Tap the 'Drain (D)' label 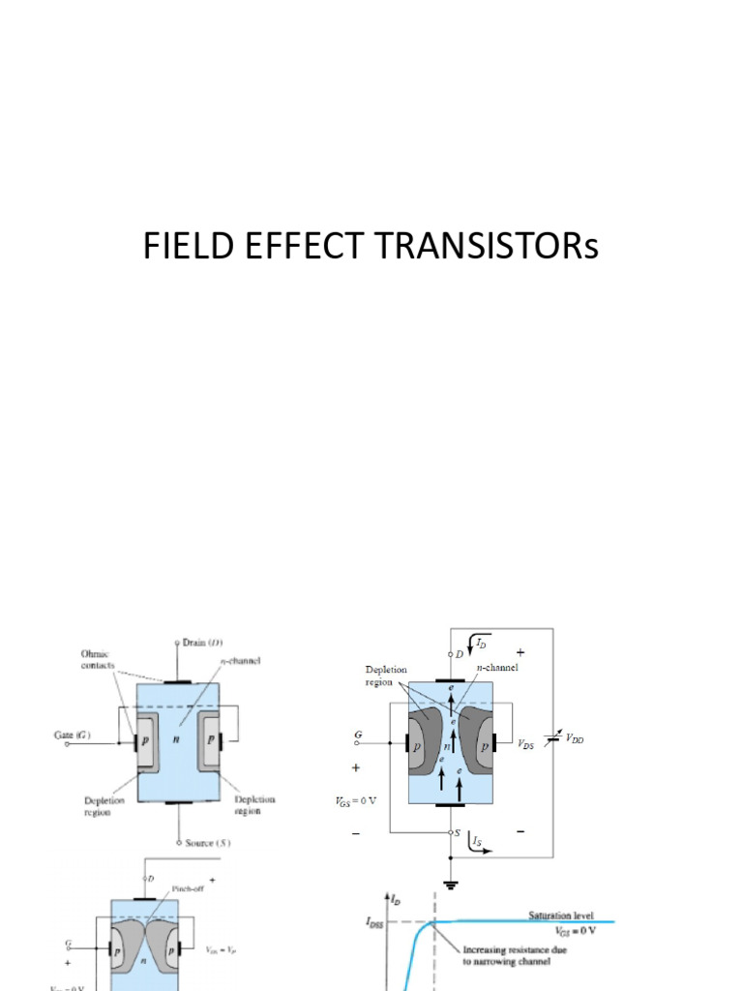[x=206, y=643]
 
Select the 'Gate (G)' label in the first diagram [x=74, y=736]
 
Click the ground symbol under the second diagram [x=452, y=884]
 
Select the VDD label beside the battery [x=575, y=739]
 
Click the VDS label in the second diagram [x=527, y=744]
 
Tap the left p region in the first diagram [x=147, y=742]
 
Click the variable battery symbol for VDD [x=552, y=739]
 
